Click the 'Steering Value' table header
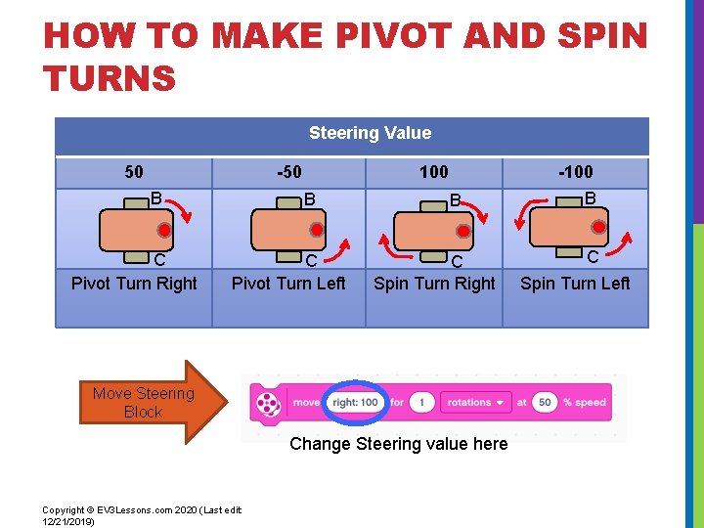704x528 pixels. click(x=370, y=133)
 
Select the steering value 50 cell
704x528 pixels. click(x=134, y=172)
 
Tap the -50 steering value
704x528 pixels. click(x=288, y=172)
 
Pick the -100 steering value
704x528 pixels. click(x=575, y=172)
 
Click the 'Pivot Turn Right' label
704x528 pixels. click(x=134, y=284)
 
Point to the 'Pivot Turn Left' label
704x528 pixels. click(x=288, y=284)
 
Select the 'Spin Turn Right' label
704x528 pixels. click(x=434, y=284)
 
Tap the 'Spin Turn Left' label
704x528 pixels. click(x=575, y=284)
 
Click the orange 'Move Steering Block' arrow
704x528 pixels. click(x=147, y=403)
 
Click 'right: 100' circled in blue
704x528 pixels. click(x=355, y=402)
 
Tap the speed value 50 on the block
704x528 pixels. click(x=545, y=402)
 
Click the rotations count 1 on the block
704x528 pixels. click(x=422, y=402)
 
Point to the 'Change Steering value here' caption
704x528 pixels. click(x=399, y=444)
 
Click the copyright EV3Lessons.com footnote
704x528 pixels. click(x=142, y=515)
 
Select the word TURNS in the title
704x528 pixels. click(x=110, y=77)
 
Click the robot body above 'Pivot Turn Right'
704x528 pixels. click(x=135, y=231)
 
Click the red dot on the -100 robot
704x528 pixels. click(x=598, y=227)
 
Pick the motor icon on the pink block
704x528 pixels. click(x=267, y=402)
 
